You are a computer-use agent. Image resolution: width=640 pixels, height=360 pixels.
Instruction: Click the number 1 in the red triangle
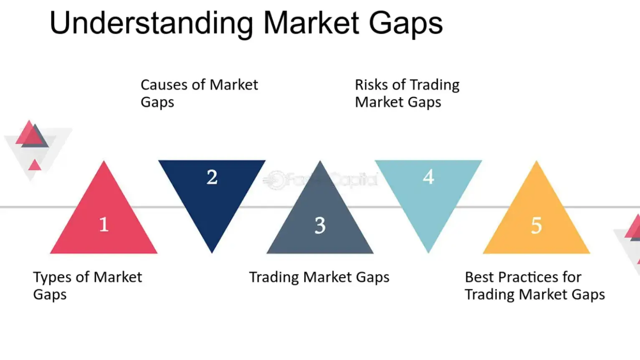pos(104,224)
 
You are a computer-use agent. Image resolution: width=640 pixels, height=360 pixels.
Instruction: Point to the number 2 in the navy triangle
pos(212,177)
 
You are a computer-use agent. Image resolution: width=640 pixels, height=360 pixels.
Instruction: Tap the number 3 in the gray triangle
pos(320,226)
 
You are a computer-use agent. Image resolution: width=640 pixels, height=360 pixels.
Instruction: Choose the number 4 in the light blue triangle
pos(428,177)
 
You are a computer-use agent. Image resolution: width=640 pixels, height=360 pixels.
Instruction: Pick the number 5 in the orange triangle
pos(536,226)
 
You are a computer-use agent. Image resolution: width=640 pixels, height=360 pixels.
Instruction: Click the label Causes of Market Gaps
pos(199,93)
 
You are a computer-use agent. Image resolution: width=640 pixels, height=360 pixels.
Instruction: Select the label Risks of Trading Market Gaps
pos(407,93)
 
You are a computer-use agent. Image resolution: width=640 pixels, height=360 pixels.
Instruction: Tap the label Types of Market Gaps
pos(87,286)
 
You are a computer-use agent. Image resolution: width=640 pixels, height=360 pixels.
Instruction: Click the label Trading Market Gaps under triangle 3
pos(319,277)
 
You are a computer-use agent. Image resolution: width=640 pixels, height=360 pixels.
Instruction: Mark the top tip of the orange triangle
pos(536,163)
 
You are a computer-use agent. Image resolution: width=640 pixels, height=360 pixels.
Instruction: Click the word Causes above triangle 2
pos(164,85)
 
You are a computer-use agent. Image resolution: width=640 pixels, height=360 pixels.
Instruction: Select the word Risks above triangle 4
pos(371,85)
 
